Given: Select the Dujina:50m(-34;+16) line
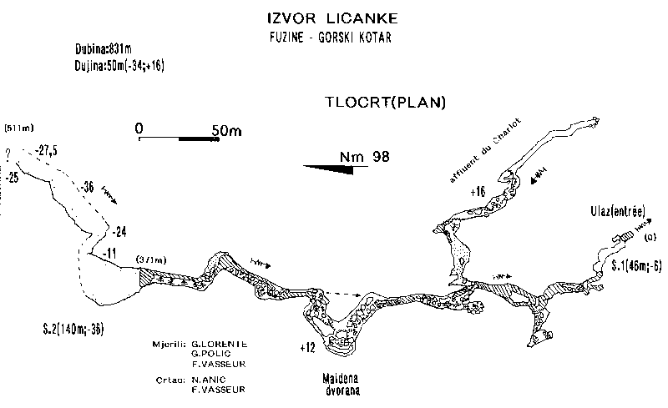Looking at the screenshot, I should tap(118, 64).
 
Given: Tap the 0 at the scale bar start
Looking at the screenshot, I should tap(139, 128).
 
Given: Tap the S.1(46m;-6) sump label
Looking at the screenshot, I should tap(635, 267).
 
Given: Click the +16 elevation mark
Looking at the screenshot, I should tap(478, 193).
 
